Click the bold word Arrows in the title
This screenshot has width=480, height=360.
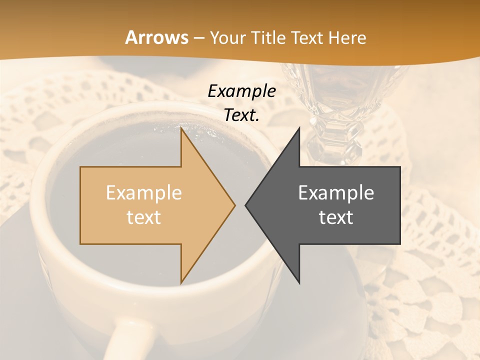point(156,37)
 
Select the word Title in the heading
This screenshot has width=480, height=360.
point(268,38)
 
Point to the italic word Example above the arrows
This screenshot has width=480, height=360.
point(241,91)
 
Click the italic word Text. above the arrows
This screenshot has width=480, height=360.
point(241,115)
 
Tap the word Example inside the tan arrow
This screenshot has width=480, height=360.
point(144,193)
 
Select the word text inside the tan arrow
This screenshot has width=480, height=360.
point(144,217)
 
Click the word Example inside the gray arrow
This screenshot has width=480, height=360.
point(336,193)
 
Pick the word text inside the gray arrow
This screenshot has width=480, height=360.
point(336,217)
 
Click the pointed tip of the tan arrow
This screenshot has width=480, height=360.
point(235,205)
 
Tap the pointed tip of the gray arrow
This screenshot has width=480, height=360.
point(245,205)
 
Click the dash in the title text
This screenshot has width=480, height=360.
point(198,38)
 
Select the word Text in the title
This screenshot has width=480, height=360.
point(308,38)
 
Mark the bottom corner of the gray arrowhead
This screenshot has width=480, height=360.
point(299,283)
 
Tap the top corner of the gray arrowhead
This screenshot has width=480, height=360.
point(299,128)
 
